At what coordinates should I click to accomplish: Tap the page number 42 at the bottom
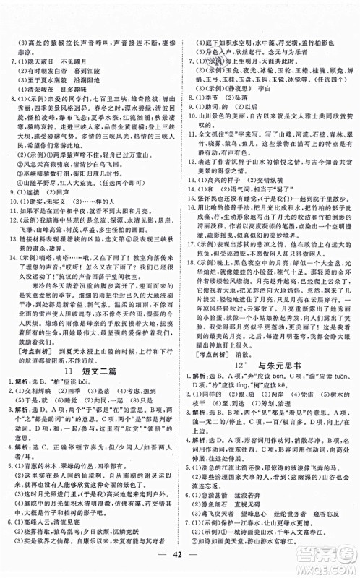click(x=180, y=560)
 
